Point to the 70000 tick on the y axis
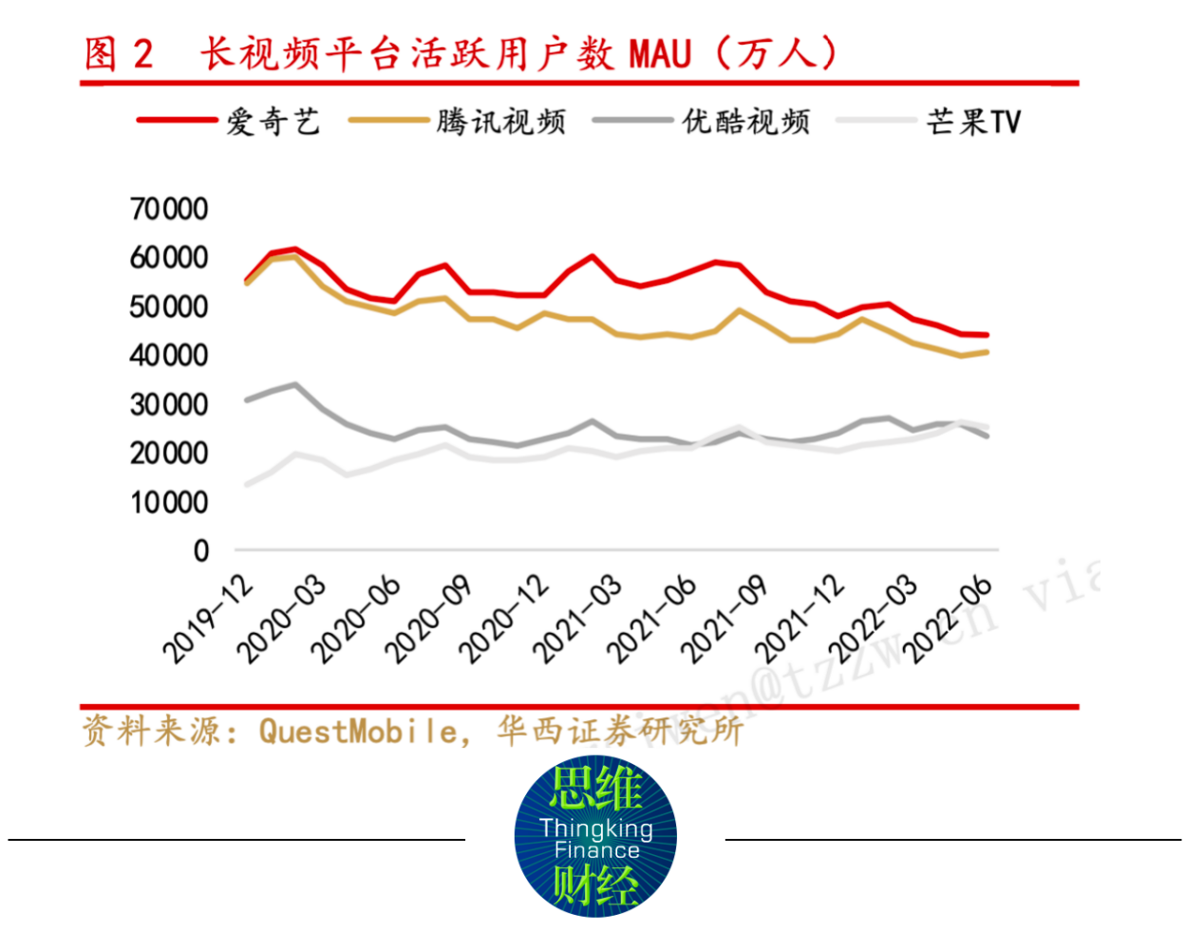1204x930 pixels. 169,209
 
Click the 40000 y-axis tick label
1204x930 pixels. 169,355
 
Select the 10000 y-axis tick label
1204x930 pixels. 169,502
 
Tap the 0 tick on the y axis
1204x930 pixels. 200,550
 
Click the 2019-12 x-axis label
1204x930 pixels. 208,619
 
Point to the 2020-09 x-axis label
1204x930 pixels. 429,619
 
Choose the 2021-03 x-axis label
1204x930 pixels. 576,619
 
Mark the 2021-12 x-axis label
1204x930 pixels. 799,619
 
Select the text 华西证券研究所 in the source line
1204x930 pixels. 619,731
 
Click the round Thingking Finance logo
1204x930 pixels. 595,836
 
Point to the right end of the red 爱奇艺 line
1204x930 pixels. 988,335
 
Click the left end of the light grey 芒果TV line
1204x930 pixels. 247,485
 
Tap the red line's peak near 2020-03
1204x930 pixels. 295,250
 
